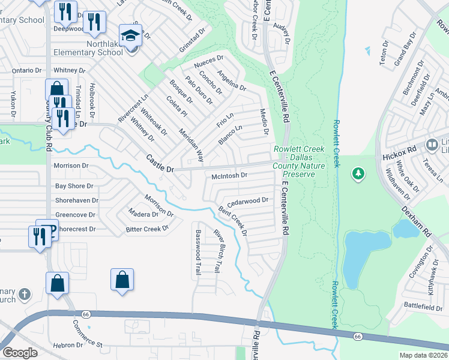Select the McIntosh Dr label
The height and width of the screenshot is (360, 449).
coord(229,176)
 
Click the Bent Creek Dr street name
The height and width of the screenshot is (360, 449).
coord(233,220)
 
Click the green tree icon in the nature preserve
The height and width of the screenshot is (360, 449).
coord(358,173)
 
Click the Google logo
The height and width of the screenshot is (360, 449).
coord(20,352)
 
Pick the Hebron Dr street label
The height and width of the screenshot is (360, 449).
coord(67,346)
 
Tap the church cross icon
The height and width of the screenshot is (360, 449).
coord(23,294)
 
